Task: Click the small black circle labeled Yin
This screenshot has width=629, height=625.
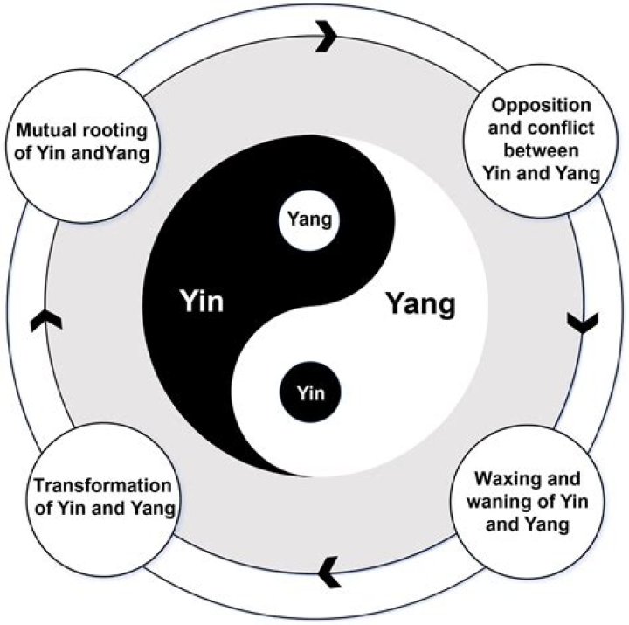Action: point(311,392)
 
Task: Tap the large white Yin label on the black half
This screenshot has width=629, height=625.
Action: point(202,302)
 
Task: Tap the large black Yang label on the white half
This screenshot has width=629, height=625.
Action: point(421,305)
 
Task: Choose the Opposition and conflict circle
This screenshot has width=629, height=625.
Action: point(543,139)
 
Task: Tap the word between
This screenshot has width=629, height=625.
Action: point(543,150)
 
